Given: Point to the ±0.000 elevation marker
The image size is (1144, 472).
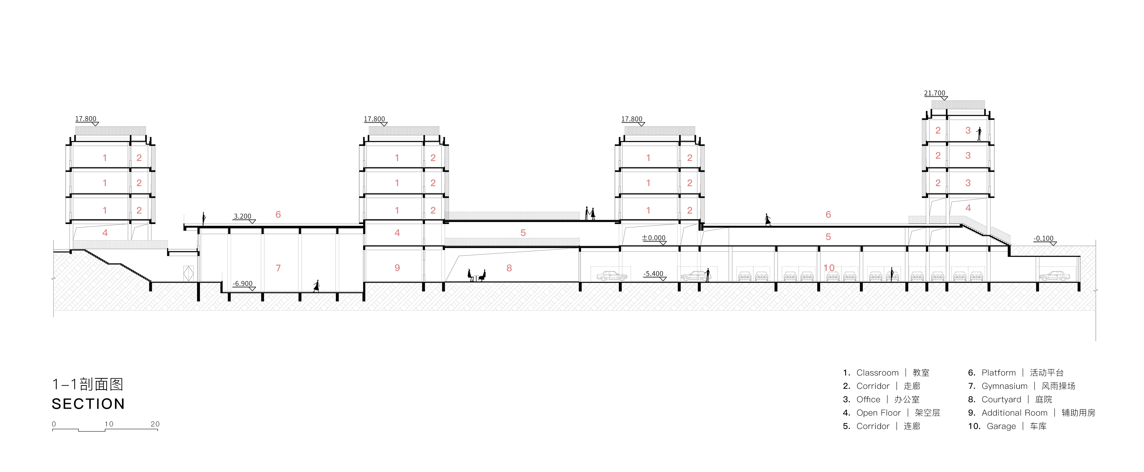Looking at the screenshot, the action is click(x=654, y=238).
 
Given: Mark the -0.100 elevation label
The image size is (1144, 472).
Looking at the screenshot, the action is click(x=1043, y=239).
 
